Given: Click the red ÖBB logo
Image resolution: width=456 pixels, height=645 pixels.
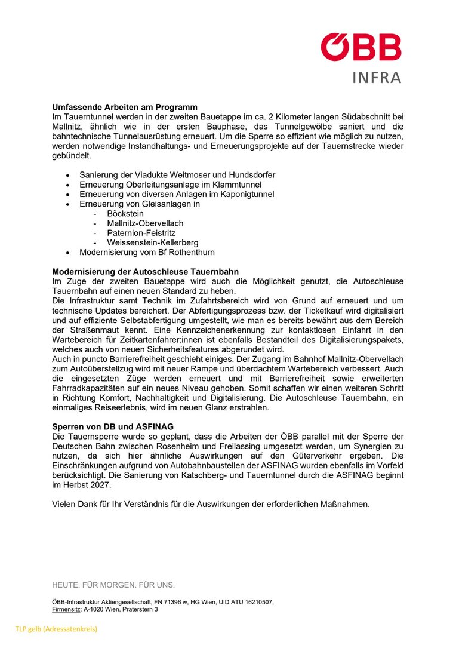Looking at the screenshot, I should tap(361, 47).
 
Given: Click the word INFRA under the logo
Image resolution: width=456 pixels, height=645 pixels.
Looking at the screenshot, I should tap(377, 78).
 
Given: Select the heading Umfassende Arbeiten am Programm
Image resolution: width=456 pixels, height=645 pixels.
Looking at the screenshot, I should tap(124, 107).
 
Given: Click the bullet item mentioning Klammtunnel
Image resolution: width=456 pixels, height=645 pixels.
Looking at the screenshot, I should tap(170, 185).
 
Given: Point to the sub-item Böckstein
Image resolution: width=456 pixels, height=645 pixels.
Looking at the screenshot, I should tap(125, 213).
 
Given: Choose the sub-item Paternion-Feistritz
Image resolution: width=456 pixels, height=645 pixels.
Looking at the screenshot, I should tap(141, 233).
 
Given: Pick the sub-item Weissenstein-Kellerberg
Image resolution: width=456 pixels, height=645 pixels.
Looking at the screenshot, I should tap(153, 242).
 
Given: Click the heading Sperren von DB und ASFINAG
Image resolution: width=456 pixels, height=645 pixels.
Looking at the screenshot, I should tap(113, 427).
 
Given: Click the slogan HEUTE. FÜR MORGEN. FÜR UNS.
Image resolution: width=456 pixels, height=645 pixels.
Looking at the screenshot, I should tap(113, 585).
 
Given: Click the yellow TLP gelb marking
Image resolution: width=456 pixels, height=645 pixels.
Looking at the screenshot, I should tap(56, 629).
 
